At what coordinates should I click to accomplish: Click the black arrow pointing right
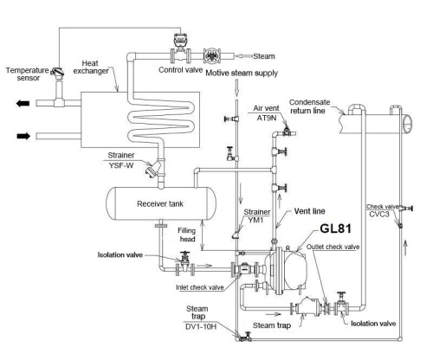(x=16, y=136)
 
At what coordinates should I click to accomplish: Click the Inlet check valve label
(x=194, y=287)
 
